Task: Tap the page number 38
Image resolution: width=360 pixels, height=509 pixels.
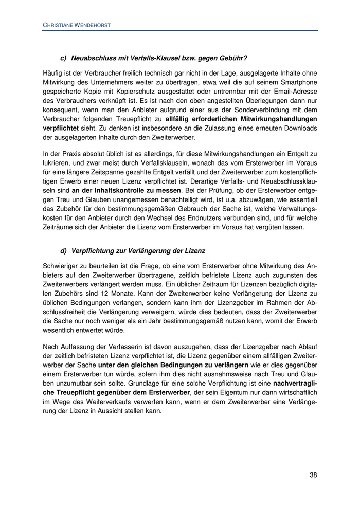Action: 313,475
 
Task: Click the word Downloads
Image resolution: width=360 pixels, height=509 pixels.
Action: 299,128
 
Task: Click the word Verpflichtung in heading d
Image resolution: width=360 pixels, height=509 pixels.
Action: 94,251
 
